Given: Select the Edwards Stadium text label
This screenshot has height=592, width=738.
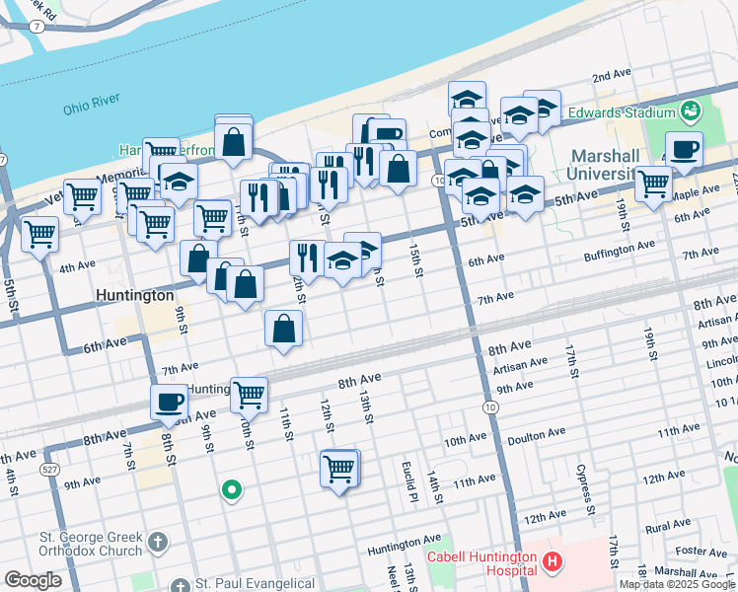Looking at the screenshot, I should [x=618, y=111].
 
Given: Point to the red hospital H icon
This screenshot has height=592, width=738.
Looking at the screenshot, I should [x=552, y=562].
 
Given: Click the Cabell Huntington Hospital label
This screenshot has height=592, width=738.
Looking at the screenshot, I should [x=482, y=562].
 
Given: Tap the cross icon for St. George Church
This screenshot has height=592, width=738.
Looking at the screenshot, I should [x=158, y=542].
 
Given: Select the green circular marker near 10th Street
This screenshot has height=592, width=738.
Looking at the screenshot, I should [x=232, y=488].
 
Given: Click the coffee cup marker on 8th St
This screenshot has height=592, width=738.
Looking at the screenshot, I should [x=169, y=402].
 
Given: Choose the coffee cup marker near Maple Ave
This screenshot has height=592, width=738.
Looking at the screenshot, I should [x=684, y=149].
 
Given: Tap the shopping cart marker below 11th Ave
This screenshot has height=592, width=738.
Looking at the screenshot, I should [x=339, y=467].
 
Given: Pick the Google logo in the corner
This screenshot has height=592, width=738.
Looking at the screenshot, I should [x=33, y=580].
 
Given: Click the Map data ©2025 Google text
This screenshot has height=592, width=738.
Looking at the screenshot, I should [x=677, y=584].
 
